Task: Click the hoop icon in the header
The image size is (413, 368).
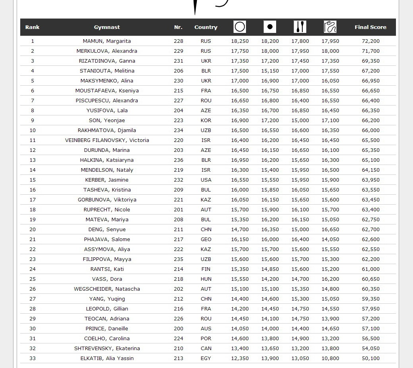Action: point(240,27)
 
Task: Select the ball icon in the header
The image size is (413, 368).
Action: point(270,27)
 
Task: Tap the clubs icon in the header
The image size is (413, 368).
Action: point(300,27)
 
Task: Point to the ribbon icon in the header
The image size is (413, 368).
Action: point(330,27)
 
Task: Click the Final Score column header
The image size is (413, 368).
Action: point(370,27)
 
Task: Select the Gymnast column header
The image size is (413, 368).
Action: point(107,27)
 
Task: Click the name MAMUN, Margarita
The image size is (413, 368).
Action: point(107,41)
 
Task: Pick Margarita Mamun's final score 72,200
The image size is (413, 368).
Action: point(371,41)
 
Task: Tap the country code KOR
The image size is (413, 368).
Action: point(206,121)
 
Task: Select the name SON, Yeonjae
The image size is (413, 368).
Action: point(107,121)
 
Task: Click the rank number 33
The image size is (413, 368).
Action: point(33,358)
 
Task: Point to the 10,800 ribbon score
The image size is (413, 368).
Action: point(330,358)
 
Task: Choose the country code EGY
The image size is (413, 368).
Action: point(206,358)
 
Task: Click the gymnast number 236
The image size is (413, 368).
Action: point(179,160)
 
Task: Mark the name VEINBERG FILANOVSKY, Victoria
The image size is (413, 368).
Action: point(107,140)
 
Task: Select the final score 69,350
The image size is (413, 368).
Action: point(371,61)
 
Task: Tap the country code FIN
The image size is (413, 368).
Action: point(206,269)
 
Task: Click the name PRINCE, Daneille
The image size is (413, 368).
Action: point(107,329)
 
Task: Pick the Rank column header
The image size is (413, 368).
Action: point(33,27)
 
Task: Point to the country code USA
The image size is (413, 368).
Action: point(206,180)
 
